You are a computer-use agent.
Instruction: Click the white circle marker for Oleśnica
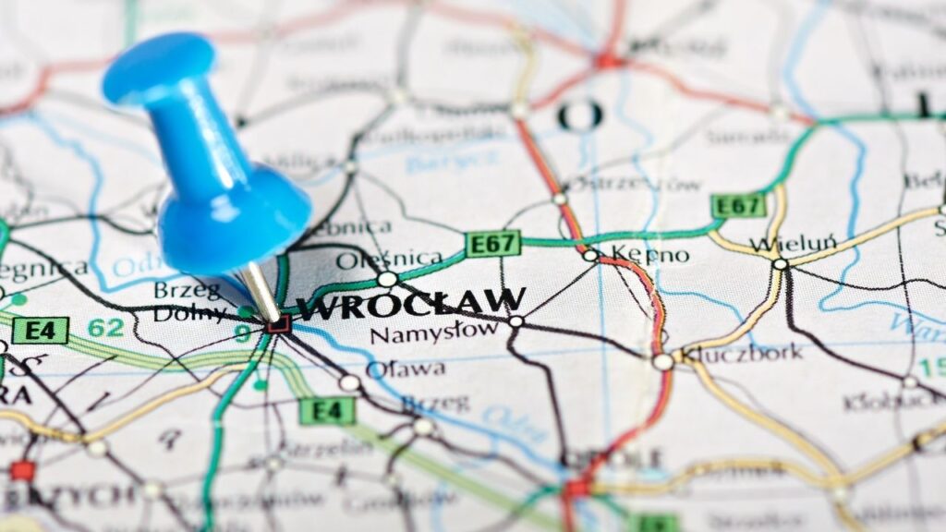387,278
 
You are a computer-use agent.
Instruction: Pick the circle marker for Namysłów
515,321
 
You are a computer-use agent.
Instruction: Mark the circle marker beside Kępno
589,255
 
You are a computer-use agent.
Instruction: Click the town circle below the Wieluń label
781,264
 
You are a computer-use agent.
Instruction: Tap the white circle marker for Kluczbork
662,362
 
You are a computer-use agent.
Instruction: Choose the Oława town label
406,369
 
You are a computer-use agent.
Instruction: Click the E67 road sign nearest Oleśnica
492,244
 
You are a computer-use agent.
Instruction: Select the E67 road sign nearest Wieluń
739,205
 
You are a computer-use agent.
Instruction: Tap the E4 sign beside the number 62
40,330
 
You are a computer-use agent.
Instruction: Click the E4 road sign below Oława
327,411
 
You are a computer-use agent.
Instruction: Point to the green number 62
105,327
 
